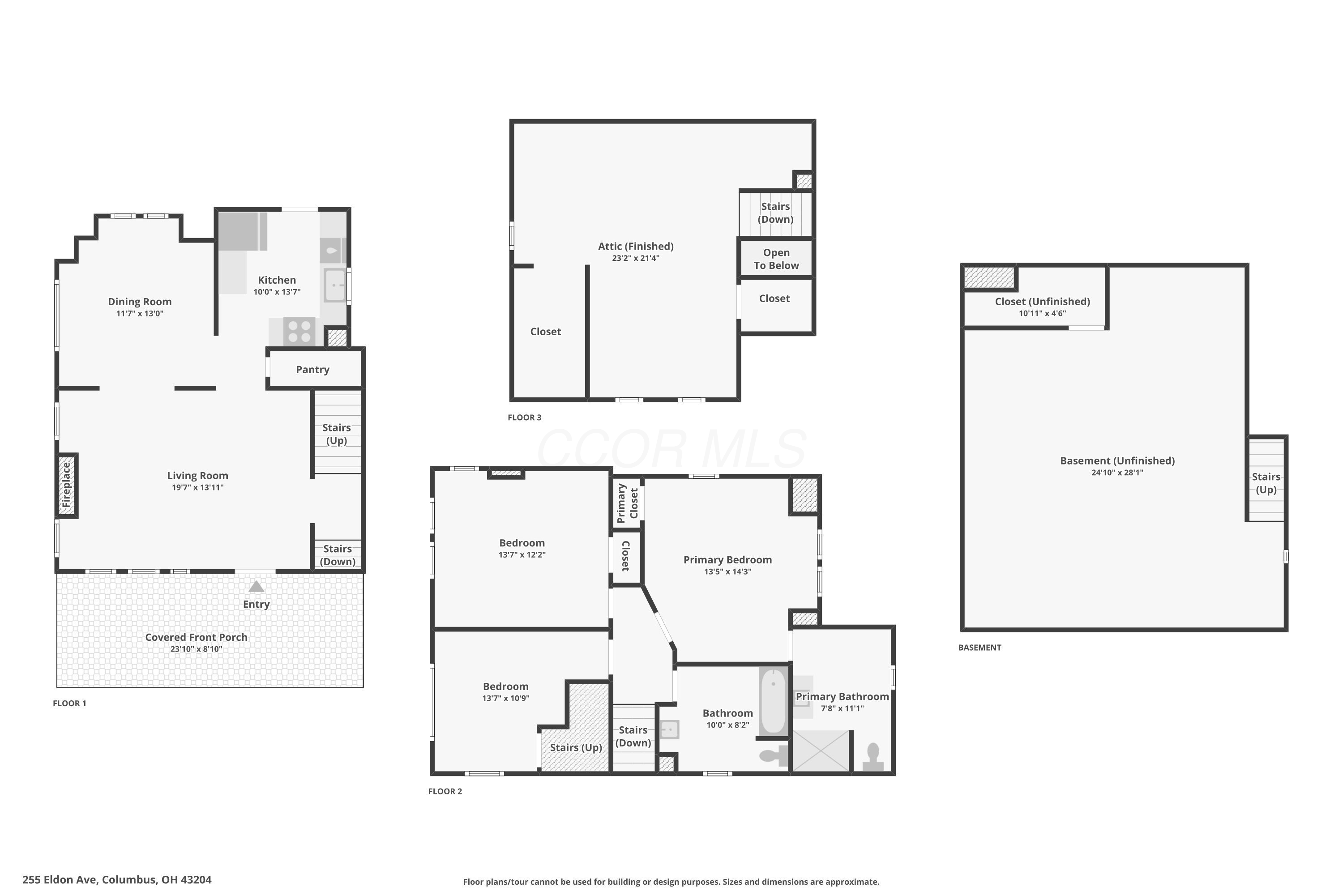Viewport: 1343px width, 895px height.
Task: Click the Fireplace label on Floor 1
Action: click(66, 485)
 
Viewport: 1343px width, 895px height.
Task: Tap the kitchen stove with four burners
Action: click(299, 331)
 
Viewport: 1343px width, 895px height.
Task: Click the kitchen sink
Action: click(334, 285)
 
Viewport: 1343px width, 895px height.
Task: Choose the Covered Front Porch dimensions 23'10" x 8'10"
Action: click(196, 649)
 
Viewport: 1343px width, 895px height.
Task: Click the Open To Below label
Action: click(776, 259)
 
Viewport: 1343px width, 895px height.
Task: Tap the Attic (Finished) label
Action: click(636, 246)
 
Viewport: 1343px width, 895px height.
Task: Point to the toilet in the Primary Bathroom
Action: click(873, 757)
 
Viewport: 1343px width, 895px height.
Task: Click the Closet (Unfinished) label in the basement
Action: click(1042, 301)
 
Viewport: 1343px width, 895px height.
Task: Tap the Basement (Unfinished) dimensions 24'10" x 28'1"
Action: click(1117, 473)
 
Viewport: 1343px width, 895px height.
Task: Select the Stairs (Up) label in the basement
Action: click(1266, 483)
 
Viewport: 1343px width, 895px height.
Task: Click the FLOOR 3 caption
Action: click(524, 417)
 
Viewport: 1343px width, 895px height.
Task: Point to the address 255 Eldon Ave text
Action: click(117, 880)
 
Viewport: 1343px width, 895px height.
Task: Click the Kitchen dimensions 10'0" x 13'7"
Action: click(277, 292)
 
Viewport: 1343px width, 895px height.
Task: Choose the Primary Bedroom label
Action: click(727, 559)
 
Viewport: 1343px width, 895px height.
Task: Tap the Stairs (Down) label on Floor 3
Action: click(775, 212)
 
